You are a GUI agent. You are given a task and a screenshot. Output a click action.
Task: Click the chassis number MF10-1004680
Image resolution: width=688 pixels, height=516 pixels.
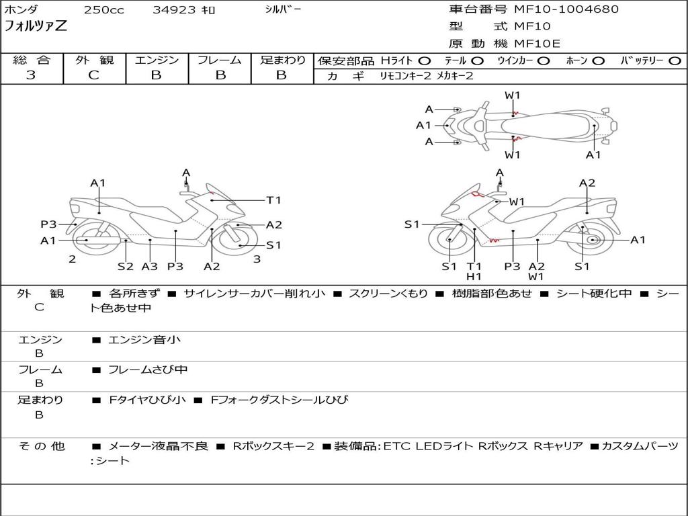click(566, 9)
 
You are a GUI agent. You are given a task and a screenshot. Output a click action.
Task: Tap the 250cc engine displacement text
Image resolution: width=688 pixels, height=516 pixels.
click(104, 9)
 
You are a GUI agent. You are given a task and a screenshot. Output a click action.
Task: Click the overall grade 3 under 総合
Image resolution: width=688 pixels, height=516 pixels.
click(31, 75)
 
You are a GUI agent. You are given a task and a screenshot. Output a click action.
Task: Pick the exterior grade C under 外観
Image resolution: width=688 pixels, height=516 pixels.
click(93, 75)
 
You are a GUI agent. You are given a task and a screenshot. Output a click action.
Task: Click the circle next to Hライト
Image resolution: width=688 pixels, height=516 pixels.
click(425, 61)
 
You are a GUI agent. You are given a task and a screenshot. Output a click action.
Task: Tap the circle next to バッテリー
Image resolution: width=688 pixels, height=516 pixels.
click(675, 61)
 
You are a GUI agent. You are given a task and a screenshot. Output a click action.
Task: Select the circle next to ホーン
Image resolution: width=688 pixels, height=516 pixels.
click(599, 61)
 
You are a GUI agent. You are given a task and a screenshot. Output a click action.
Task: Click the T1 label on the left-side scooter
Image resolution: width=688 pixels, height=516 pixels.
click(273, 200)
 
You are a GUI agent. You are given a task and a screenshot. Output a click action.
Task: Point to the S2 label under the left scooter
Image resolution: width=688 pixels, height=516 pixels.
click(126, 266)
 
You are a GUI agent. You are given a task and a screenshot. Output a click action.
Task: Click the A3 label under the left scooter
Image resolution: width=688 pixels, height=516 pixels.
click(150, 266)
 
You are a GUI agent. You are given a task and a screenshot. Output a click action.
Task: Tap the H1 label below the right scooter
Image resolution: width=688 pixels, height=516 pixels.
click(474, 276)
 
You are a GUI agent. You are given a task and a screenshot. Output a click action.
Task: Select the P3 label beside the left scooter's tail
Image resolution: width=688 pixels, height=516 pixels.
click(48, 224)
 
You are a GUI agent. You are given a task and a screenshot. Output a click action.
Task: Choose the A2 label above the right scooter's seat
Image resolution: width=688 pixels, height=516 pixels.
click(587, 183)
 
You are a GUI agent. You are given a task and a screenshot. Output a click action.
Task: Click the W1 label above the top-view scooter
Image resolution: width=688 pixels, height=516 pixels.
click(512, 95)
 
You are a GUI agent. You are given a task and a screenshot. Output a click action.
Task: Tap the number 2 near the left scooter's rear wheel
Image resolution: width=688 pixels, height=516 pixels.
click(73, 259)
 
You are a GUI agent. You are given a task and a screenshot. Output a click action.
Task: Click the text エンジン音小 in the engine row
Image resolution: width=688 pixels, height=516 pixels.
click(144, 339)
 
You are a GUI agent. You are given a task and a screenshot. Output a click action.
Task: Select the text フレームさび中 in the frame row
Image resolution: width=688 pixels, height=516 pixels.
click(148, 370)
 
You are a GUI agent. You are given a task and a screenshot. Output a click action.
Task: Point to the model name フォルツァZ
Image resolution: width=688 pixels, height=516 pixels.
click(36, 26)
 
